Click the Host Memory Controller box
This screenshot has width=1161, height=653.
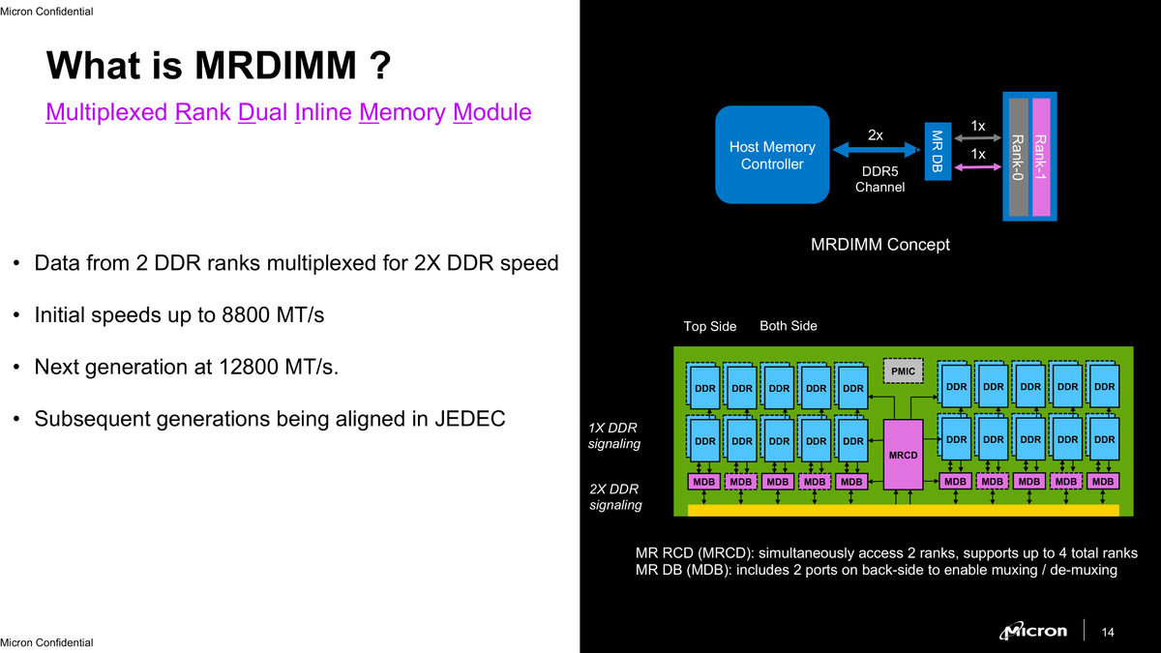(x=772, y=155)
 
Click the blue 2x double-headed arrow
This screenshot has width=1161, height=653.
(x=876, y=150)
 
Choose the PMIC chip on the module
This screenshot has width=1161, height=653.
(x=903, y=371)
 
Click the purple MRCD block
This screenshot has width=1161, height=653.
(x=904, y=453)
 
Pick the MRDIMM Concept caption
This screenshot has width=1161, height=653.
(x=879, y=245)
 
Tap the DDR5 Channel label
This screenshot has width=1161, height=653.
(x=879, y=179)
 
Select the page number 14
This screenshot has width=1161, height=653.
(x=1109, y=633)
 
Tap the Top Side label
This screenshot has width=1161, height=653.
(x=710, y=327)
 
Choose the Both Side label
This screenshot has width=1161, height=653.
(x=789, y=326)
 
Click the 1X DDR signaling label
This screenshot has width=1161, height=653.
(x=614, y=436)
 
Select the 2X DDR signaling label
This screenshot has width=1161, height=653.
(x=614, y=496)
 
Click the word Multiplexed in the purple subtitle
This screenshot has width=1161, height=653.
(x=106, y=112)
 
